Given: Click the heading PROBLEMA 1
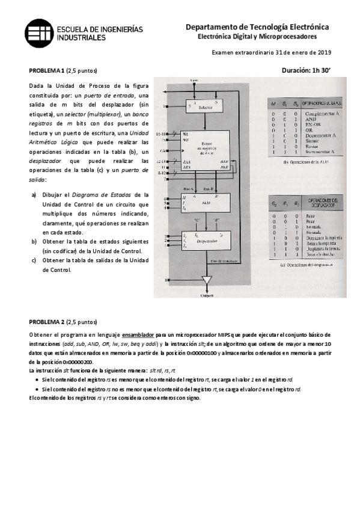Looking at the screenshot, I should (x=47, y=70).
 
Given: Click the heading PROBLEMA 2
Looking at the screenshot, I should (x=47, y=322).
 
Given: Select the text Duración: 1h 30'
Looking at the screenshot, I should (x=306, y=70).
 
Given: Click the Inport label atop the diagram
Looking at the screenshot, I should (x=194, y=80).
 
